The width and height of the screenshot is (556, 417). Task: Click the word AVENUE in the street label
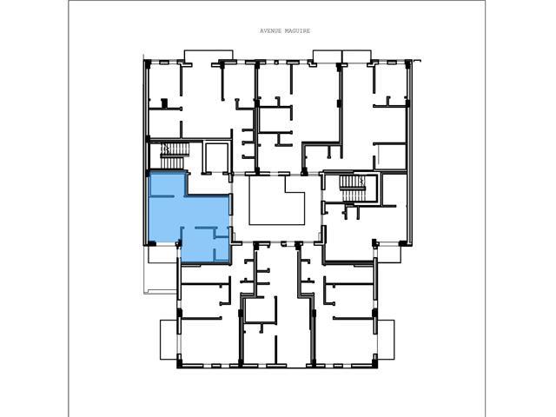pyautogui.click(x=271, y=31)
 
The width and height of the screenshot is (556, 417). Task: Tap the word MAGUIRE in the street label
pyautogui.click(x=298, y=31)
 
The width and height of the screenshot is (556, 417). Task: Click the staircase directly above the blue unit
pyautogui.click(x=174, y=156)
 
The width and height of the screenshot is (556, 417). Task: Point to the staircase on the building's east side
pyautogui.click(x=353, y=189)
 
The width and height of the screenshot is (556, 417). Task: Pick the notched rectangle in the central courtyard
pyautogui.click(x=277, y=201)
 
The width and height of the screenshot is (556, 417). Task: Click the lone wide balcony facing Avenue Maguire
pyautogui.click(x=208, y=56)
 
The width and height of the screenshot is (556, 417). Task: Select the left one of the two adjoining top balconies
pyautogui.click(x=327, y=56)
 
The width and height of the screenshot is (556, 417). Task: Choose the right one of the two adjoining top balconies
pyautogui.click(x=356, y=56)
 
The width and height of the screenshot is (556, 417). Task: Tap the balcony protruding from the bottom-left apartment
pyautogui.click(x=169, y=340)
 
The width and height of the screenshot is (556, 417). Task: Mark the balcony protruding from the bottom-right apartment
pyautogui.click(x=386, y=340)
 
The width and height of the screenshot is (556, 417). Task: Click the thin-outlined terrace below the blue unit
pyautogui.click(x=162, y=270)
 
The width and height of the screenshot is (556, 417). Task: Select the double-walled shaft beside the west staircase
pyautogui.click(x=216, y=158)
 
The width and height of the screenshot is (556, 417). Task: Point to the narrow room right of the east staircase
pyautogui.click(x=394, y=189)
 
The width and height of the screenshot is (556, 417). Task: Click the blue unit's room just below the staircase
pyautogui.click(x=168, y=183)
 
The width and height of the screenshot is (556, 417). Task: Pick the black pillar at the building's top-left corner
pyautogui.click(x=148, y=63)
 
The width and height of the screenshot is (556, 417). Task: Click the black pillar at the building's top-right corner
pyautogui.click(x=407, y=63)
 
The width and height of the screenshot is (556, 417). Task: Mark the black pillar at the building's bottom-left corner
pyautogui.click(x=180, y=364)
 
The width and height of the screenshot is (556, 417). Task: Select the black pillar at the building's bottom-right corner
pyautogui.click(x=375, y=364)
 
